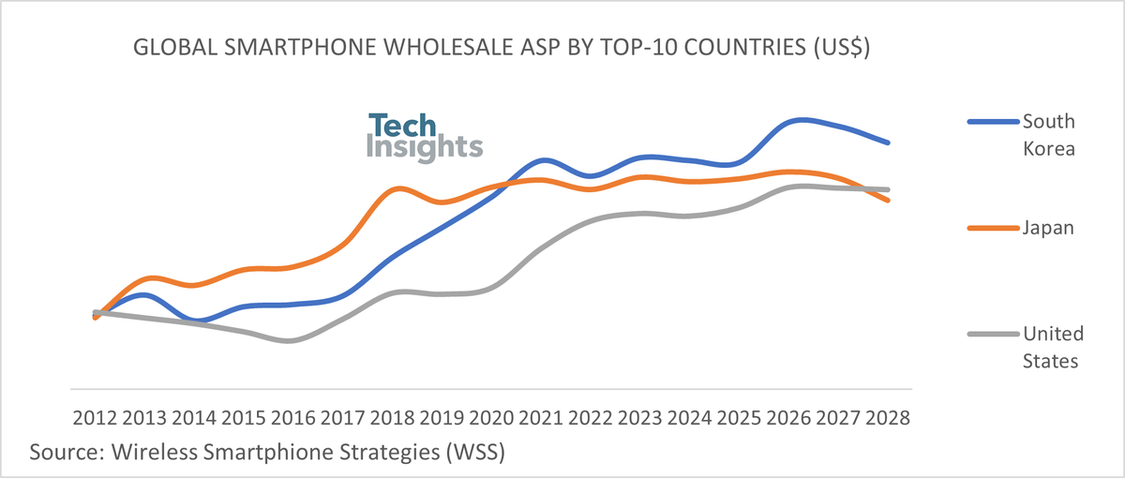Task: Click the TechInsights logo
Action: (424, 137)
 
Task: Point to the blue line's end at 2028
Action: (888, 142)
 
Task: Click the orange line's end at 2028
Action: (888, 200)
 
